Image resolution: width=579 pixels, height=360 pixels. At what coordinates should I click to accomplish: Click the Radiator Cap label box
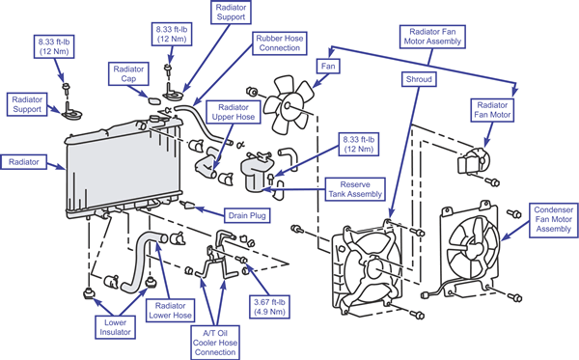click(x=128, y=74)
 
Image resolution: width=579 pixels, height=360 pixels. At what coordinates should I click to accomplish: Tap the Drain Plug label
click(x=247, y=215)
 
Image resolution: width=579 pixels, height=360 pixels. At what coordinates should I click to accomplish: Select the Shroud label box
click(x=419, y=79)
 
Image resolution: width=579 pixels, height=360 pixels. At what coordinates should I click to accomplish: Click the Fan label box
click(x=328, y=67)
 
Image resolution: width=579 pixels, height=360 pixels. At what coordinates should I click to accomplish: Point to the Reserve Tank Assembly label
click(x=355, y=189)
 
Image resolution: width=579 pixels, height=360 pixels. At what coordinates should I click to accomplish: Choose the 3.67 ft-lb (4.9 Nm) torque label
click(x=269, y=307)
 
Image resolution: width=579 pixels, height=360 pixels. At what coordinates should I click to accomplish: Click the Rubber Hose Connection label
click(x=280, y=43)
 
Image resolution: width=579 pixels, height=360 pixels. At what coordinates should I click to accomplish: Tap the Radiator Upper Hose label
click(x=234, y=112)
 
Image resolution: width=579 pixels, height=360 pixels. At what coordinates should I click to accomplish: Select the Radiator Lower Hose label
click(x=170, y=311)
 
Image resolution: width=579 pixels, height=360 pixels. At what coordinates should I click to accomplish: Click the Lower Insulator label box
click(x=115, y=327)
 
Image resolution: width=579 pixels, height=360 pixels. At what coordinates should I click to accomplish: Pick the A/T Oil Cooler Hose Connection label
click(x=215, y=343)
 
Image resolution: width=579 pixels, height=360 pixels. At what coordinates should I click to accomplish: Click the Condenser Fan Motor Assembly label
click(x=554, y=219)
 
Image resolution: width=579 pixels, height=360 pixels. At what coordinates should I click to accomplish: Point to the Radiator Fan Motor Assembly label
click(x=432, y=37)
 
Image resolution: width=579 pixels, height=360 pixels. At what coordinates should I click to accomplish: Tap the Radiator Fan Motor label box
click(x=492, y=110)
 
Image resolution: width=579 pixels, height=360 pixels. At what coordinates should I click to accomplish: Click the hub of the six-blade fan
click(x=288, y=105)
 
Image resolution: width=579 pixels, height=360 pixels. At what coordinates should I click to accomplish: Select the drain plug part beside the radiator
click(x=187, y=205)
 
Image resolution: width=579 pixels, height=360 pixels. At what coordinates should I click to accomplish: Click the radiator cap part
click(x=153, y=100)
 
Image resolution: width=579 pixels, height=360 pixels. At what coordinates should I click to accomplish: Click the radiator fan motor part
click(x=473, y=161)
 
